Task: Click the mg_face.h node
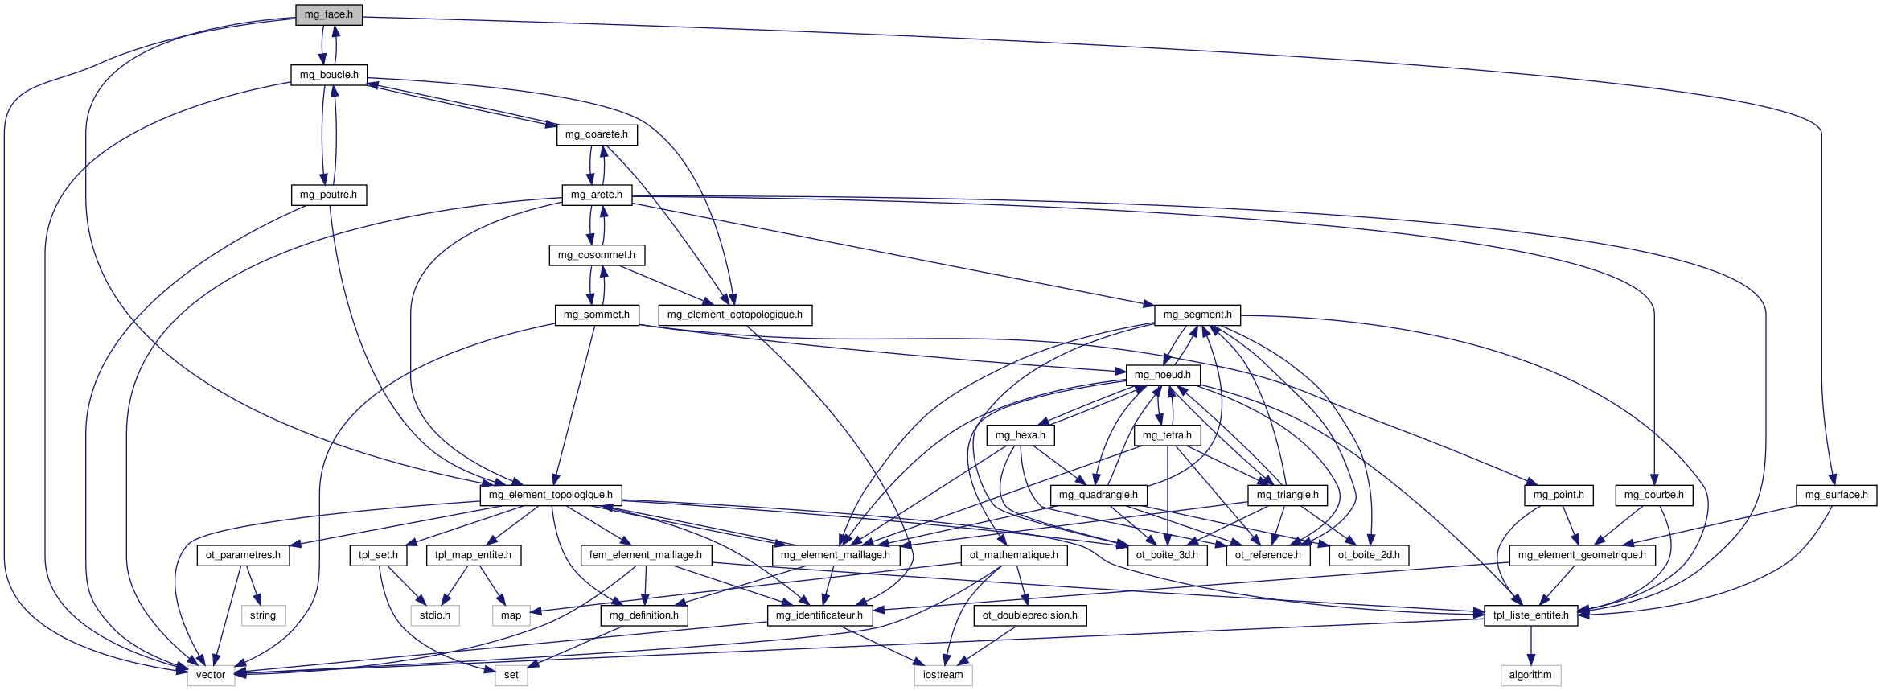pos(329,14)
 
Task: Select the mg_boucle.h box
pos(329,75)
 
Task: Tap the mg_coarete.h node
pos(597,134)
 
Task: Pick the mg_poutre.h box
pos(328,195)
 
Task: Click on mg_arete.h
pos(597,195)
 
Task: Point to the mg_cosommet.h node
pos(597,255)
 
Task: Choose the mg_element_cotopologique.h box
pos(735,315)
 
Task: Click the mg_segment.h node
pos(1197,315)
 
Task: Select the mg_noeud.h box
pos(1163,375)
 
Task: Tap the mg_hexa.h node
pos(1021,435)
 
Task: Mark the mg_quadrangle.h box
pos(1099,495)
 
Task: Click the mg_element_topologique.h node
pos(551,495)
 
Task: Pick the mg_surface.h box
pos(1837,495)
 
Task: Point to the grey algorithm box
pos(1530,675)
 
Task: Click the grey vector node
pos(211,675)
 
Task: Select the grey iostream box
pos(943,675)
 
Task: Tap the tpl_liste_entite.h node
pos(1531,615)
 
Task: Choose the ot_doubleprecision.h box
pos(1030,615)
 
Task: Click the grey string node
pos(263,615)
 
